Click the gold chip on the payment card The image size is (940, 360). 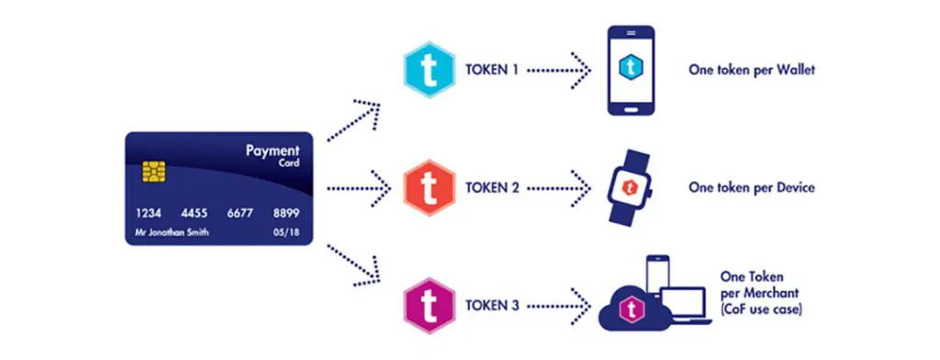(154, 172)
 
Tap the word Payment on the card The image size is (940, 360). (272, 150)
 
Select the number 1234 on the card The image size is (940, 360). (149, 214)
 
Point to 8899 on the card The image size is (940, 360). (286, 214)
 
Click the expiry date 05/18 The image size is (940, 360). (286, 232)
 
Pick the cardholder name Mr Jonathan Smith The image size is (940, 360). (173, 232)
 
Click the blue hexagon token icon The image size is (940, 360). (429, 70)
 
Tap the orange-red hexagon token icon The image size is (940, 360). (429, 187)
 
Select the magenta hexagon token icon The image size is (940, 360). (429, 306)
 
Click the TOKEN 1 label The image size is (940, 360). (492, 70)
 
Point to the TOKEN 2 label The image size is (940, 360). (492, 187)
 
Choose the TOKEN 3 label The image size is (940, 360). (492, 306)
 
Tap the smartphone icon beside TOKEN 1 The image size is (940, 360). (631, 70)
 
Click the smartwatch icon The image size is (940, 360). (630, 187)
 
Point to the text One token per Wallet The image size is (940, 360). (752, 70)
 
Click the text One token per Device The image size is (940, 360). (752, 187)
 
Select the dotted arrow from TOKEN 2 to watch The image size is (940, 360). (559, 187)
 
